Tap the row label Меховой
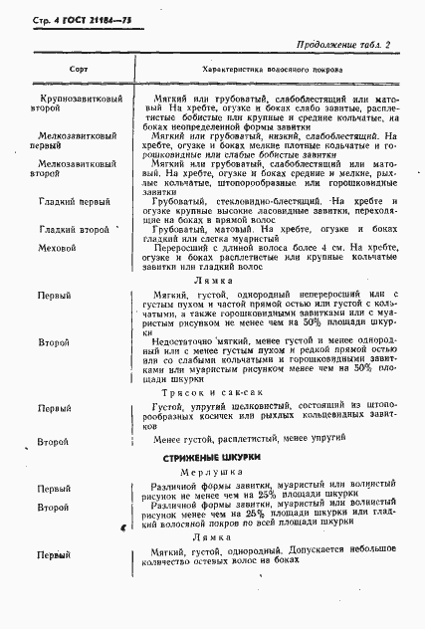[57, 246]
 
